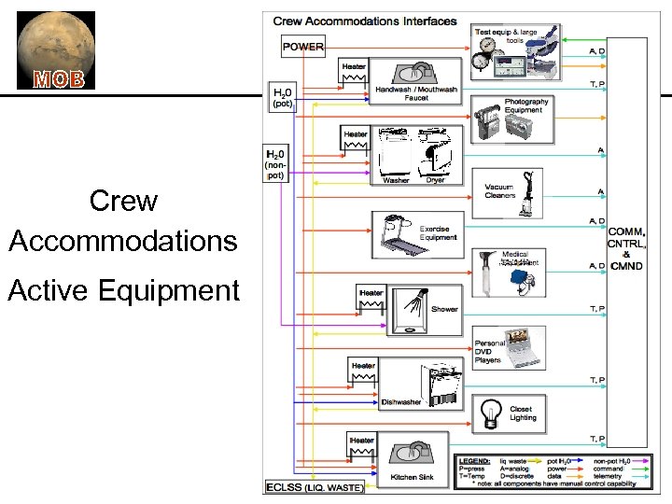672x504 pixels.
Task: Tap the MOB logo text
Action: [x=58, y=78]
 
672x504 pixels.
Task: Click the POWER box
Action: [x=303, y=46]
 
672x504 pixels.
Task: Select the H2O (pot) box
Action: [x=282, y=98]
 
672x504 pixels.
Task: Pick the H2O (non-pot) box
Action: [x=276, y=164]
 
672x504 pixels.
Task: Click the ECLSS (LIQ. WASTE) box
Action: [x=315, y=487]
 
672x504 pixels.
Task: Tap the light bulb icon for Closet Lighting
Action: [x=489, y=412]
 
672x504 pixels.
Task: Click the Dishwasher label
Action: [x=400, y=402]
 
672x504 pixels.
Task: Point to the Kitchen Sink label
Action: [x=411, y=478]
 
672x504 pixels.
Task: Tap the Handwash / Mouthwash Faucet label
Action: [x=415, y=93]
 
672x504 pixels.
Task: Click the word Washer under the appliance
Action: [x=396, y=180]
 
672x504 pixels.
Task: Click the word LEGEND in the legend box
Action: [x=476, y=461]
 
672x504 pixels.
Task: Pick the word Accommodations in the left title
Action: [x=123, y=241]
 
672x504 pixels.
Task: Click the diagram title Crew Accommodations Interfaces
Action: [x=365, y=20]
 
